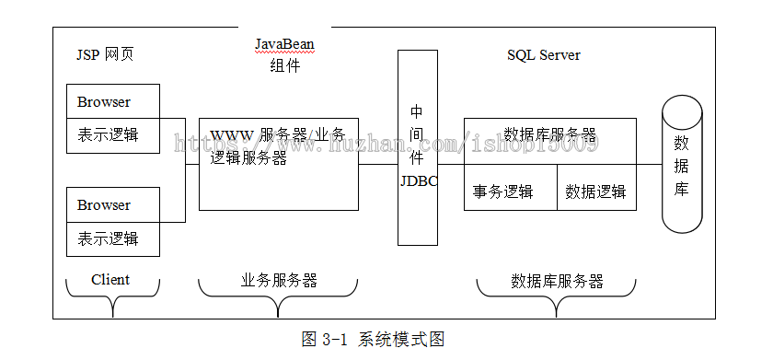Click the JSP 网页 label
click(105, 54)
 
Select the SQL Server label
click(544, 54)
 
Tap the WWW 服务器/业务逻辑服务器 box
click(278, 164)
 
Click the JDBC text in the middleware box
click(419, 180)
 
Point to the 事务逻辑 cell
click(503, 192)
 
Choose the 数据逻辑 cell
click(595, 192)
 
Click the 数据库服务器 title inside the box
click(550, 134)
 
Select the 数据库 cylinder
click(682, 166)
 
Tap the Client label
click(110, 279)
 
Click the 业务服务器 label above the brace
click(279, 280)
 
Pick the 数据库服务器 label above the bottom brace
click(557, 281)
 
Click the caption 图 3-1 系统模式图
click(373, 339)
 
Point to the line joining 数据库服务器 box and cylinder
click(649, 164)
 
